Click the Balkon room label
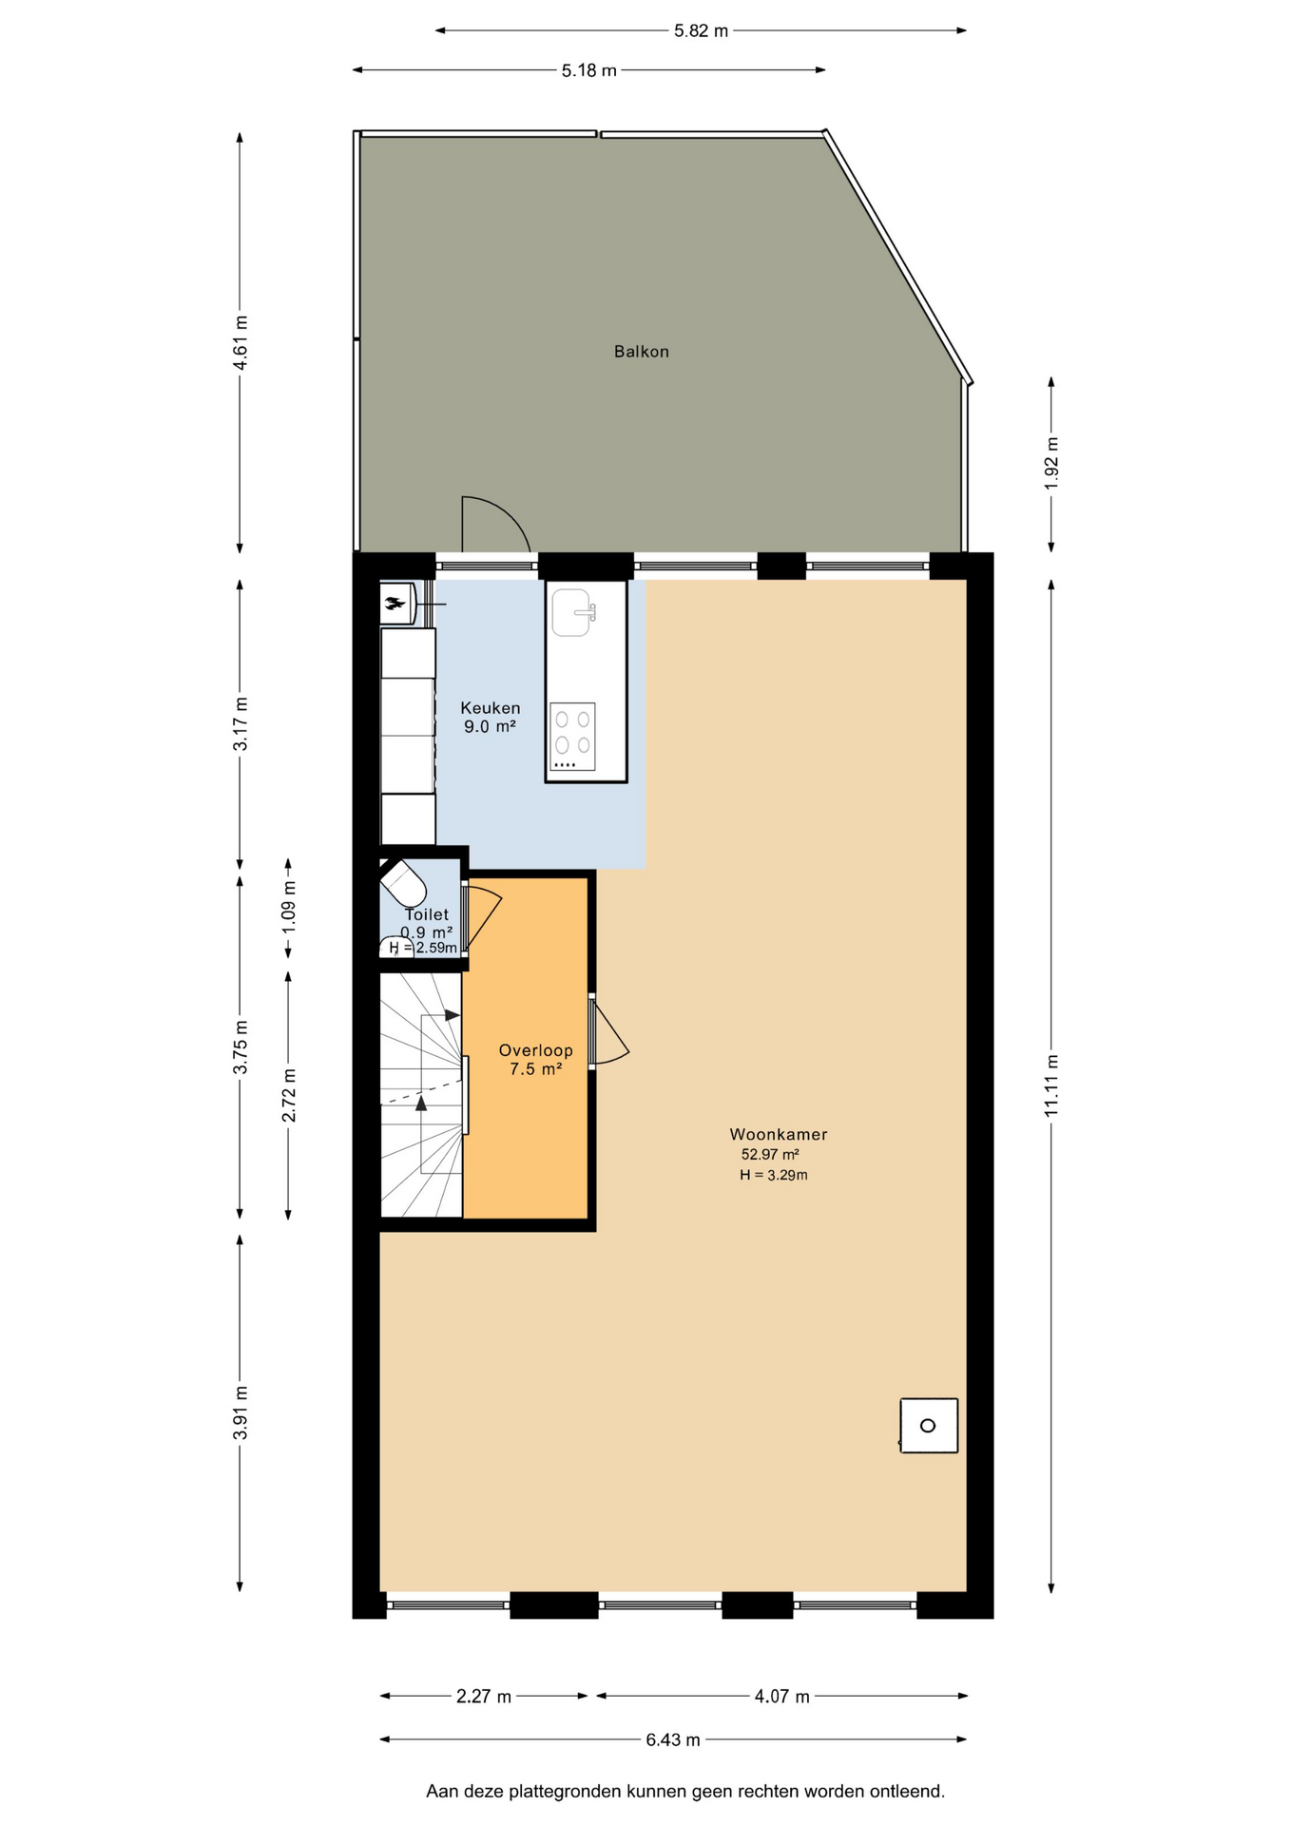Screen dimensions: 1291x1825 642,352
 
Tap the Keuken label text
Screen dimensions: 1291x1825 491,708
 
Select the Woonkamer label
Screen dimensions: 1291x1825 779,1134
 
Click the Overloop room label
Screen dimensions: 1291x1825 536,1050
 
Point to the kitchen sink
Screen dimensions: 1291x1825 573,612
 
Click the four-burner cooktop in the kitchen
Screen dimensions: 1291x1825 572,737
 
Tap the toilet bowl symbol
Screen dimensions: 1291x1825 403,883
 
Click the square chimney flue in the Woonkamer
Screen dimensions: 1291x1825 929,1426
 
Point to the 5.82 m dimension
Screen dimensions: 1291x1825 702,31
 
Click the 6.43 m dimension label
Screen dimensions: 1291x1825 673,1740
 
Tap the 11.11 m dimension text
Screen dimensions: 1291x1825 1051,1086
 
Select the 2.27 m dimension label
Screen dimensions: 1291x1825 484,1697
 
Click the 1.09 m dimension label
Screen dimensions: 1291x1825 289,906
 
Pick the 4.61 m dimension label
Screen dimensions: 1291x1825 241,342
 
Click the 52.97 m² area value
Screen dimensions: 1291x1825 770,1155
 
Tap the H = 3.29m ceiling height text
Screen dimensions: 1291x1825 774,1176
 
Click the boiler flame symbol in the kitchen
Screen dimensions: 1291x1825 394,602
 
